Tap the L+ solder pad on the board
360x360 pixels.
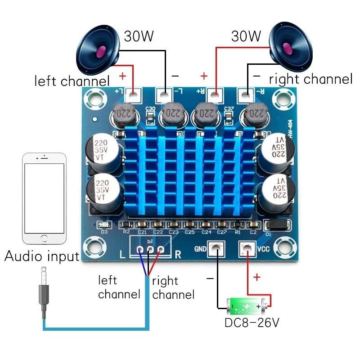click(134, 95)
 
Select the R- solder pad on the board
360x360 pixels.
click(246, 95)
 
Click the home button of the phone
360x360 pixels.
click(44, 237)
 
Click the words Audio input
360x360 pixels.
click(41, 256)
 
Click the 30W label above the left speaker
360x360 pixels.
click(139, 36)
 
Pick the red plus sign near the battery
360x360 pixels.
click(256, 277)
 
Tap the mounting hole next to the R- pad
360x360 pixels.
click(282, 95)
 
